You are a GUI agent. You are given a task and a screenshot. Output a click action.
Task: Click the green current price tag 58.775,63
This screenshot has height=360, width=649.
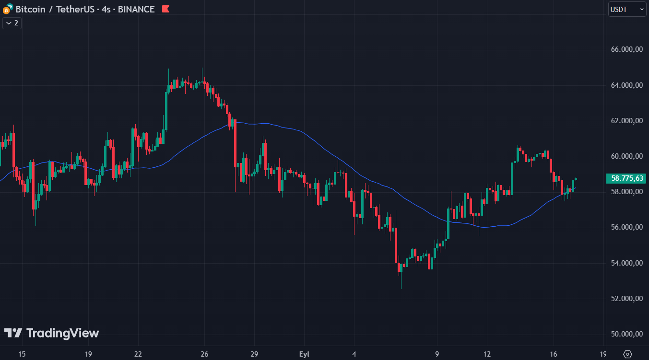(x=627, y=178)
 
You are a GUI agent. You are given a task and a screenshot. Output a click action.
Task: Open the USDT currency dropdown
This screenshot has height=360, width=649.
(x=627, y=9)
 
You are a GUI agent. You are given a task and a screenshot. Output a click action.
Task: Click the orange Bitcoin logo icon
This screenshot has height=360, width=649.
(x=7, y=9)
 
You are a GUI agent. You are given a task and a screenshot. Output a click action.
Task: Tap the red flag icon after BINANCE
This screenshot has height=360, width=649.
(x=165, y=9)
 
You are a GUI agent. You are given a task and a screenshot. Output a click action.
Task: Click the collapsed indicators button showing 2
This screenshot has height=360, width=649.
(x=12, y=23)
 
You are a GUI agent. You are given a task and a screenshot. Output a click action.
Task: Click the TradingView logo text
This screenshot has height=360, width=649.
(x=52, y=333)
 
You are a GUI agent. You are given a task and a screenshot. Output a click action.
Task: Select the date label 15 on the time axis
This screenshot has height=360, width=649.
(x=22, y=354)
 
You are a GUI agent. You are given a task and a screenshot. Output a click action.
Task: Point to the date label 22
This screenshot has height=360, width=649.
(x=138, y=354)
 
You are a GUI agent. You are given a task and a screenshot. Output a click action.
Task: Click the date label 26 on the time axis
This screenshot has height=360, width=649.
(x=204, y=354)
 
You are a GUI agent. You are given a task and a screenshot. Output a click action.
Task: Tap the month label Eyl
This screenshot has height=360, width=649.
(x=304, y=354)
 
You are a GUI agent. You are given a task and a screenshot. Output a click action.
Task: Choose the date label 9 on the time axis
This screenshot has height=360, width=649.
(x=437, y=354)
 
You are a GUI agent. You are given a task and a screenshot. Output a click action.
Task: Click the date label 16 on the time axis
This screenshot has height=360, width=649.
(x=553, y=354)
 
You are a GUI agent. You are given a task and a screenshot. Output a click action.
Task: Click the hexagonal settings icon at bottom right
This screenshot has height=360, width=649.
(x=627, y=354)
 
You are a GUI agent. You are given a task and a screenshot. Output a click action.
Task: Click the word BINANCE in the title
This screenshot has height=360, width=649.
(x=136, y=9)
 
